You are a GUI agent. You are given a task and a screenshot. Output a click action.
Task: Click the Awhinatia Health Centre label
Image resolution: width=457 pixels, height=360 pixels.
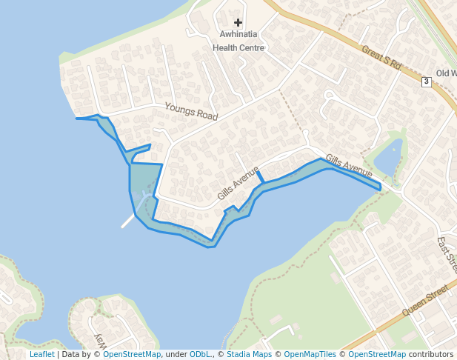pyautogui.click(x=238, y=41)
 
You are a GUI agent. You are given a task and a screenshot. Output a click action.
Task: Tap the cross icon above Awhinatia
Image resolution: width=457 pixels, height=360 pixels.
pyautogui.click(x=238, y=23)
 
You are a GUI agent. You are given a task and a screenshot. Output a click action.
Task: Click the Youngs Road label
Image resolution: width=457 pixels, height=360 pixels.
pyautogui.click(x=191, y=112)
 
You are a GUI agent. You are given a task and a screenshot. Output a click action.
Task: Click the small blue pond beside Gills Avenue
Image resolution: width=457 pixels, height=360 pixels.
pyautogui.click(x=389, y=157)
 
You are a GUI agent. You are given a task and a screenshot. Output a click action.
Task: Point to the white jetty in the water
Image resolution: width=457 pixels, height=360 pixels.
pyautogui.click(x=128, y=221)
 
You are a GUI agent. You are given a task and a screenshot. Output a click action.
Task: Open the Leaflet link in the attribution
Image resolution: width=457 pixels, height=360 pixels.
pyautogui.click(x=41, y=354)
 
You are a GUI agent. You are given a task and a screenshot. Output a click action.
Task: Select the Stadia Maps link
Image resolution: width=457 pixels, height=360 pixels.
pyautogui.click(x=247, y=354)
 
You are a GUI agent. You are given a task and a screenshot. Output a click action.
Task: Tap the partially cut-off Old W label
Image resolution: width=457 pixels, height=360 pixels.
pyautogui.click(x=446, y=73)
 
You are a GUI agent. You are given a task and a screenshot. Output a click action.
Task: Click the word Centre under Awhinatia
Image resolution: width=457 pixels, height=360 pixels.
pyautogui.click(x=250, y=47)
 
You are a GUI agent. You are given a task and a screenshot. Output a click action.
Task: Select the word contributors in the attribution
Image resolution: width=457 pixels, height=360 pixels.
pyautogui.click(x=431, y=354)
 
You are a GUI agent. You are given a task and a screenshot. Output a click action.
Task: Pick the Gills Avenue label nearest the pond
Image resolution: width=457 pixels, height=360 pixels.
pyautogui.click(x=348, y=167)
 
